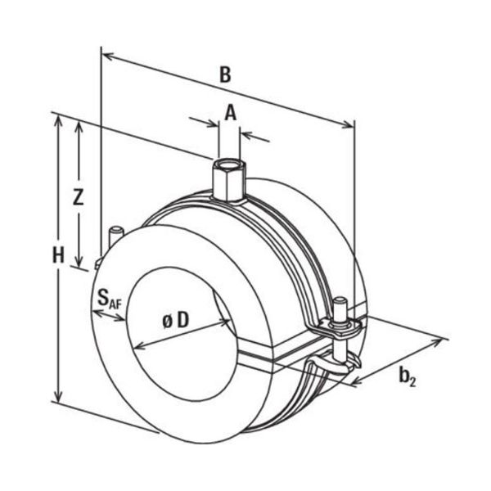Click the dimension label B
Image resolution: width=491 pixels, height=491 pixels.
225,74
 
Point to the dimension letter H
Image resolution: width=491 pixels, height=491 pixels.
57,255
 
